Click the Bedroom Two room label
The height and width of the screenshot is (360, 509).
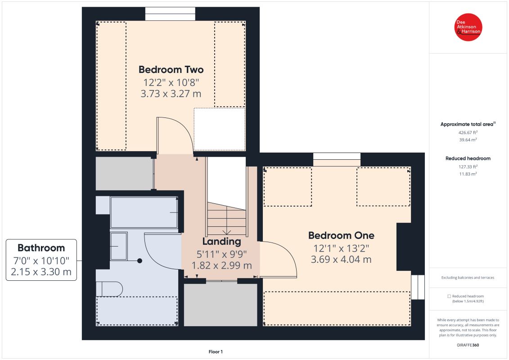[171, 70]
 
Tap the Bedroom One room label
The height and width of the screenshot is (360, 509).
[341, 235]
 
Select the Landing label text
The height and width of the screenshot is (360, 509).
[221, 242]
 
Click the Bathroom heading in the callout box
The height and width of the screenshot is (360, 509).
[41, 247]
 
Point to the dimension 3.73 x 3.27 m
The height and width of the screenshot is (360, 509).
[171, 94]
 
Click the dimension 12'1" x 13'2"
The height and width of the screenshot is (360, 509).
[341, 248]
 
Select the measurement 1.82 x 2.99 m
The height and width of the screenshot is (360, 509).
[221, 265]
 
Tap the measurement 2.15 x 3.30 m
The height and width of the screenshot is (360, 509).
[41, 272]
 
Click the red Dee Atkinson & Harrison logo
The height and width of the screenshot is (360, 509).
[468, 27]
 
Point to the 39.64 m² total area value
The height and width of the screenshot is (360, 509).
[468, 139]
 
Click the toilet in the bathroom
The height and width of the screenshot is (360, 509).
[109, 289]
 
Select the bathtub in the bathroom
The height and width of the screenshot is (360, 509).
[144, 212]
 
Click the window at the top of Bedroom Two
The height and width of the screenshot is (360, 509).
[170, 13]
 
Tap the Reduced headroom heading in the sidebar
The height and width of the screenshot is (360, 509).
[468, 158]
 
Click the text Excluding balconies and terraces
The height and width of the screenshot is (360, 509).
[468, 278]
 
